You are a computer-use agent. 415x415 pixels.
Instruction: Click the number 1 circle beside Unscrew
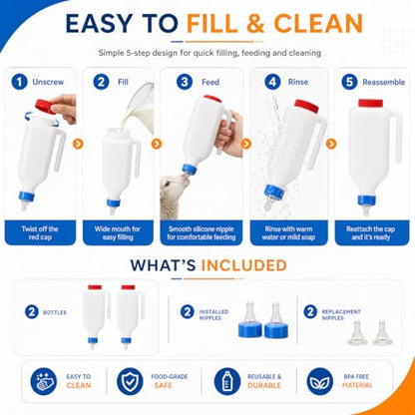point(19,82)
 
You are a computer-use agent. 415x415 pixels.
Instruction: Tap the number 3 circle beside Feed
point(185,82)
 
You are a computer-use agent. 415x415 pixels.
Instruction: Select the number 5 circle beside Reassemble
point(349,82)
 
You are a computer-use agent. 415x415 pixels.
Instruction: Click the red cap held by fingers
point(45,106)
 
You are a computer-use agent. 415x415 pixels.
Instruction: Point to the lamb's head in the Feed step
point(175,188)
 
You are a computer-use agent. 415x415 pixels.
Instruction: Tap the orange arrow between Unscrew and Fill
point(78,144)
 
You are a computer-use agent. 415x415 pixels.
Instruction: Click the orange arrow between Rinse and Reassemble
point(331,144)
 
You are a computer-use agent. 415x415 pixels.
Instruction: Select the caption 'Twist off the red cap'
point(40,232)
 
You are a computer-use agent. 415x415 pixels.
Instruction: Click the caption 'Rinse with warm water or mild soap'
point(288,232)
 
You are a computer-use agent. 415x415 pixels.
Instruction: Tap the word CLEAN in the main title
point(318,24)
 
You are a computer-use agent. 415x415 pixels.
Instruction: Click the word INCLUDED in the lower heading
point(244,265)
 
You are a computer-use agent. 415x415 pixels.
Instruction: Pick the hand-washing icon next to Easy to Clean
point(43,381)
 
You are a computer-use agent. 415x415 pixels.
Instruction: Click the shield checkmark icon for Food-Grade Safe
point(130,381)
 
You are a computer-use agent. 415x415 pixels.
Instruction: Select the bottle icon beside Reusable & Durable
point(227,381)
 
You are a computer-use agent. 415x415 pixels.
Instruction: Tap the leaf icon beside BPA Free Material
point(319,381)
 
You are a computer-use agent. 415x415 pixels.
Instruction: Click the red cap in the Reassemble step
point(370,103)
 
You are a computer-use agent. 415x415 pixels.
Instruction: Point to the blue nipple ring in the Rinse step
point(274,193)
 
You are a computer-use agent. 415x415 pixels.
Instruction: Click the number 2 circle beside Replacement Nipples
point(310,312)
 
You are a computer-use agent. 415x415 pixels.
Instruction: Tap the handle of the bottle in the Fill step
point(137,159)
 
